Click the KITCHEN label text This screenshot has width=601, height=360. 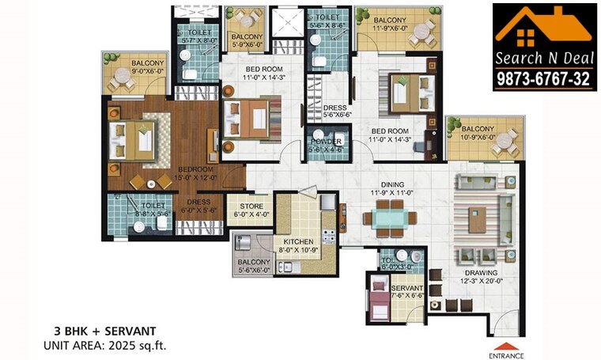tap(293, 241)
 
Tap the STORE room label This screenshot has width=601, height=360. tap(240, 206)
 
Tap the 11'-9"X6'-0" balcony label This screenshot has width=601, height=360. tap(389, 24)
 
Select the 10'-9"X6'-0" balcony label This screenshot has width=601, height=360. tap(478, 133)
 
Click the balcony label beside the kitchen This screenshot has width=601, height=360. tap(252, 266)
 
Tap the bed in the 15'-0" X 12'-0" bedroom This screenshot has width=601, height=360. tap(139, 141)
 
